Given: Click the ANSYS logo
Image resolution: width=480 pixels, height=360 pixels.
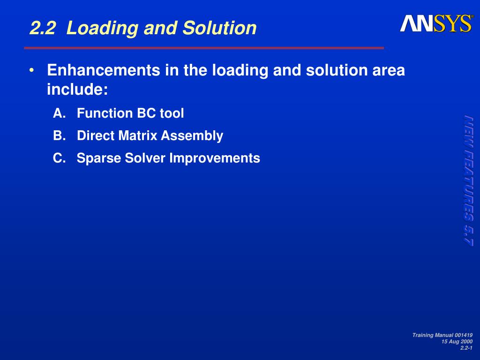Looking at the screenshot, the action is [436, 23].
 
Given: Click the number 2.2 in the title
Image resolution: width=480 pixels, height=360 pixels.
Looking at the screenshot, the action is [43, 28].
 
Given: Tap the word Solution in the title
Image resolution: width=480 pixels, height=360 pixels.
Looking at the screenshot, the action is [219, 28].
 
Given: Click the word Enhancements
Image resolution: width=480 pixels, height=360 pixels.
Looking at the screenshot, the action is [104, 70].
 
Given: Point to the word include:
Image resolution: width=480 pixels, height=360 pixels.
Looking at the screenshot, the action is [77, 90].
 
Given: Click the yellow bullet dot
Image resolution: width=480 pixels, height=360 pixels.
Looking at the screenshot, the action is [31, 71].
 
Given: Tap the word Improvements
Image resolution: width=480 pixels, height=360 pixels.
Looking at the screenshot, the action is [215, 158].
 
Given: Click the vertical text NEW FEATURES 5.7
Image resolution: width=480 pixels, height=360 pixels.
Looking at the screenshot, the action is [468, 180].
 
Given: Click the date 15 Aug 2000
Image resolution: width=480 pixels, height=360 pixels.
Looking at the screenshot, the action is [457, 342].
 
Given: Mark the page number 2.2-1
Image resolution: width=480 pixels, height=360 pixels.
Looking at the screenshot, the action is [466, 348].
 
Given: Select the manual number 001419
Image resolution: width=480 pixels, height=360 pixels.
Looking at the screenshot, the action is [464, 335].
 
